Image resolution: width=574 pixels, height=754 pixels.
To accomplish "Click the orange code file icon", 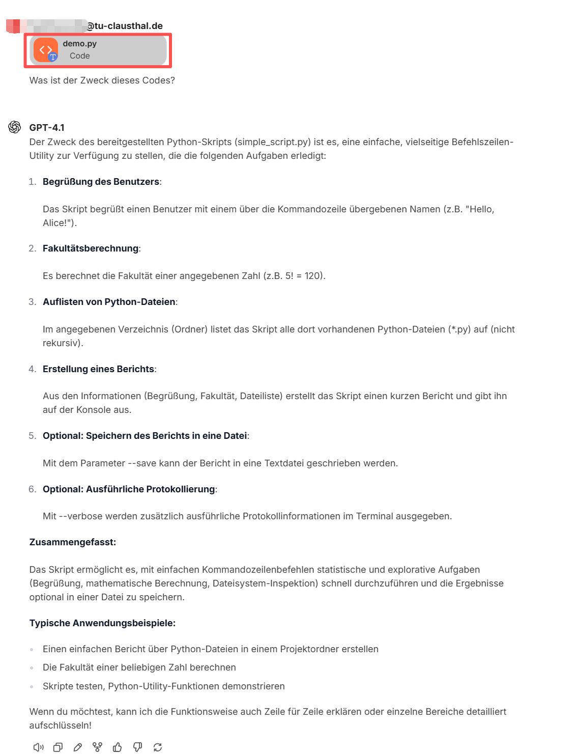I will point(45,50).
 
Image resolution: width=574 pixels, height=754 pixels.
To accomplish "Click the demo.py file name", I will point(79,44).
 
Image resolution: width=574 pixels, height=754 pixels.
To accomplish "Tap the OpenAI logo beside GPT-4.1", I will point(15,127).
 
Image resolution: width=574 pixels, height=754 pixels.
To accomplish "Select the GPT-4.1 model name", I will point(47,127).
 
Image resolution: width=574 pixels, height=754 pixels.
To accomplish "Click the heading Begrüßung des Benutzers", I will point(101,182).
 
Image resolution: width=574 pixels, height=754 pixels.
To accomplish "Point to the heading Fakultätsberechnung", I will point(91,248).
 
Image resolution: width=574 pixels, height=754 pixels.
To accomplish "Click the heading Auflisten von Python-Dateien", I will point(109,302).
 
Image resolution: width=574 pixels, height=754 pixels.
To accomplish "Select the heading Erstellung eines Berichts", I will point(98,369).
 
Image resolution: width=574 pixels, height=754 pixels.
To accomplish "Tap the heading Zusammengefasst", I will point(73,542).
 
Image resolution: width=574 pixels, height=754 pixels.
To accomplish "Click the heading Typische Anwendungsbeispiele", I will point(102,623).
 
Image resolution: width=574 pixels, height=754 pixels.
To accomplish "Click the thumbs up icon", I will point(118,747).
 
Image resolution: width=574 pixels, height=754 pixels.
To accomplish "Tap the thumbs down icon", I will point(137,747).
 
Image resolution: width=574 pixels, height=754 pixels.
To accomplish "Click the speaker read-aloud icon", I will point(38,747).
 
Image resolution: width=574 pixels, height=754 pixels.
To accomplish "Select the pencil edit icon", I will point(78,747).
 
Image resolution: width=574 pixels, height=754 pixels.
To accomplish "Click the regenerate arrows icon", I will point(158,747).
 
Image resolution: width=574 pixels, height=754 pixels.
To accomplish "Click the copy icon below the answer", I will point(58,747).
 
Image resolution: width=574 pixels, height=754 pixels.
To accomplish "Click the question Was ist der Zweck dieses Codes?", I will point(102,80).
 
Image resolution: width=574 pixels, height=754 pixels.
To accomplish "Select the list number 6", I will point(33,489).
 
